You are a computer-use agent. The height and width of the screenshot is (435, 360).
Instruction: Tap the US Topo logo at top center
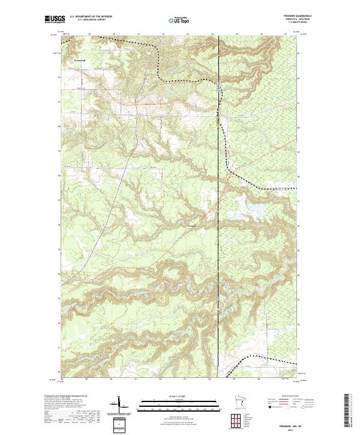pyautogui.click(x=174, y=20)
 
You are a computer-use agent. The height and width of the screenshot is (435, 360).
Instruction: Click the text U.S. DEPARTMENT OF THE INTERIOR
pyautogui.click(x=90, y=17)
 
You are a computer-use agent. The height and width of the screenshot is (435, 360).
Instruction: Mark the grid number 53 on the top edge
pyautogui.click(x=188, y=34)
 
